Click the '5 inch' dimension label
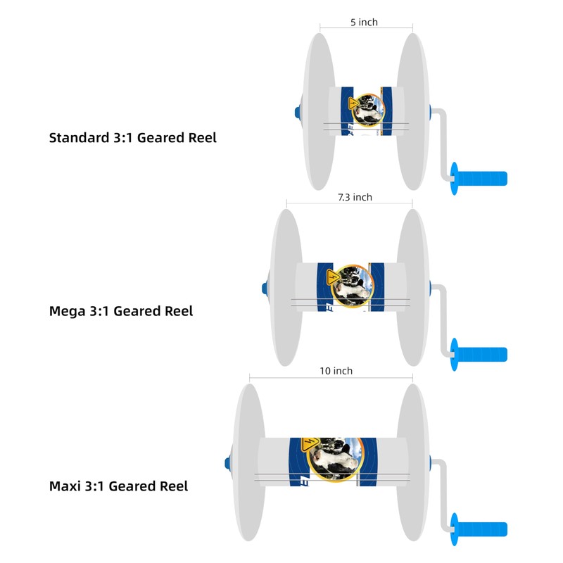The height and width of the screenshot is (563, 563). click(364, 23)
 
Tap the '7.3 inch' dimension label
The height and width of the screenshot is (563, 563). click(355, 197)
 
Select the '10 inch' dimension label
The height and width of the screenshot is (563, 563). click(336, 371)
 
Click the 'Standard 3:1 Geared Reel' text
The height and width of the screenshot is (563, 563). click(132, 137)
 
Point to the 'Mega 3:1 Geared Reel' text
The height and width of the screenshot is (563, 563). click(120, 310)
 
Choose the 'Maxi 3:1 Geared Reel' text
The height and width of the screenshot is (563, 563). click(118, 486)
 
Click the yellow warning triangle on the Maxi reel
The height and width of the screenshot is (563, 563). click(308, 444)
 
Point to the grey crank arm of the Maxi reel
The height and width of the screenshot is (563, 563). click(442, 493)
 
